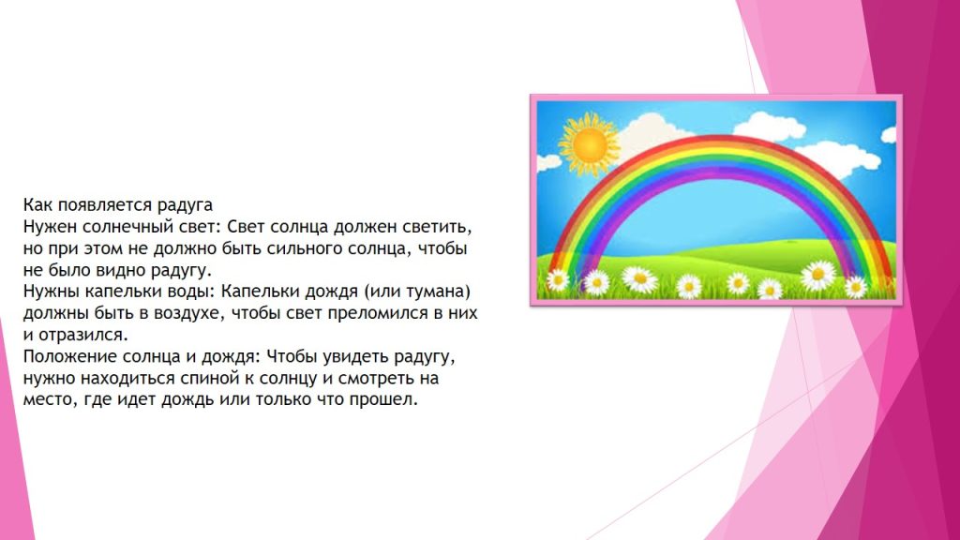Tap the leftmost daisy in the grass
tap(558, 279)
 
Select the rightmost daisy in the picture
tap(856, 286)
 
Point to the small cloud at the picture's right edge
tap(888, 135)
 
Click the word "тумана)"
tap(439, 292)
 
